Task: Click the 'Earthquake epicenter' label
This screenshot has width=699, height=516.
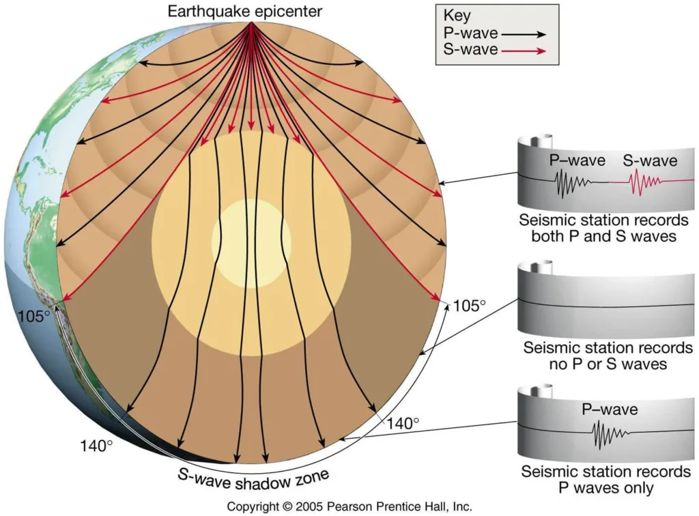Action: pos(252,11)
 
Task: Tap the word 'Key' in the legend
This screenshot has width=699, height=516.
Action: pos(456,16)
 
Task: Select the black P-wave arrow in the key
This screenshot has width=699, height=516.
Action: pos(528,33)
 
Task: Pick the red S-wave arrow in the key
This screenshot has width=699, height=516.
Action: pos(528,51)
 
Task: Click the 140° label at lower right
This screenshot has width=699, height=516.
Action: pos(403,423)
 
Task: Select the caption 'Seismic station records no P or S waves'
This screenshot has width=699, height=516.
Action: pos(605,356)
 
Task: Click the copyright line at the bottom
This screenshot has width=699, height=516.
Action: pos(349,507)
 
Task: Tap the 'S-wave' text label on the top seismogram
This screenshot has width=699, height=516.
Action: pos(649,161)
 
